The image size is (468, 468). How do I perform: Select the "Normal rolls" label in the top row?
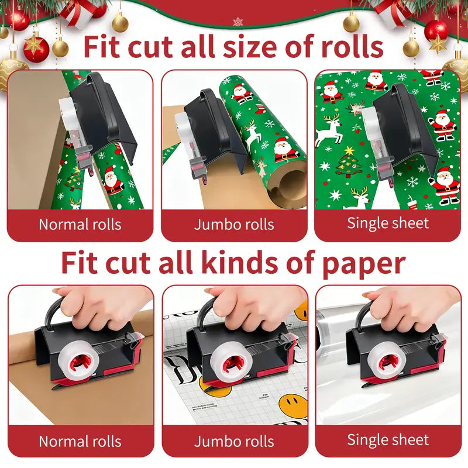pos(80,225)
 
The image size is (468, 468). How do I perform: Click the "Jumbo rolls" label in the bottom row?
pos(234,442)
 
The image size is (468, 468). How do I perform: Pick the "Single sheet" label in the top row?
pos(388,223)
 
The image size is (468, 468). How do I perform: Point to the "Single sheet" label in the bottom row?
pos(388,440)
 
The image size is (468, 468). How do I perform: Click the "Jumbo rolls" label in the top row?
pos(234,225)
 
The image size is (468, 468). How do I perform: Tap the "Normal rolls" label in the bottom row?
pos(80,442)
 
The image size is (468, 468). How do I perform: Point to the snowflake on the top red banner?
pos(238,22)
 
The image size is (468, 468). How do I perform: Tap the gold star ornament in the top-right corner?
pos(438,44)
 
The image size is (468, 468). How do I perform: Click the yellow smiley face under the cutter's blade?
pos(214,387)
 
